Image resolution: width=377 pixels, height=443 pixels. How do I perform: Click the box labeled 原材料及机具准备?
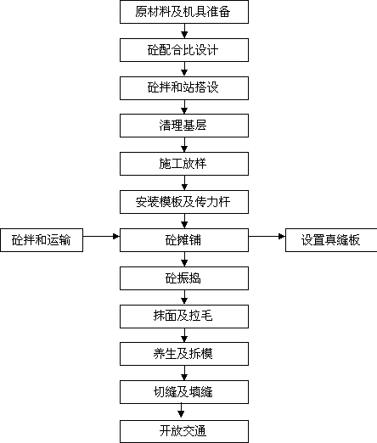coord(184,12)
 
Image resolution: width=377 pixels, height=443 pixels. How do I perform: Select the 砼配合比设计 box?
coord(184,50)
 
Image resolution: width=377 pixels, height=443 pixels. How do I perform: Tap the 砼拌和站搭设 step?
coord(184,88)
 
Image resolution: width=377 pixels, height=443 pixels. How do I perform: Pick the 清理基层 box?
coord(184,126)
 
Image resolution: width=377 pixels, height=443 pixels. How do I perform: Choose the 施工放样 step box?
coord(184,164)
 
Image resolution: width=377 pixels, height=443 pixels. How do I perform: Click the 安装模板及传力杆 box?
coord(184,202)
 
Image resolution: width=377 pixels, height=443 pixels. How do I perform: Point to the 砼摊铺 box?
coord(184,240)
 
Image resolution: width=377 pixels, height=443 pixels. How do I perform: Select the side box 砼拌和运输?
coord(42,240)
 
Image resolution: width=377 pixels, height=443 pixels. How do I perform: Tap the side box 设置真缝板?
coord(331,240)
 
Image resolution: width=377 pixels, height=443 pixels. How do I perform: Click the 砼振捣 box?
coord(184,278)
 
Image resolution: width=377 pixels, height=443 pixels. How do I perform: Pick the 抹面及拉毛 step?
coord(184,317)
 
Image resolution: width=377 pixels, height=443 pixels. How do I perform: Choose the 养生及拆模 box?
coord(184,354)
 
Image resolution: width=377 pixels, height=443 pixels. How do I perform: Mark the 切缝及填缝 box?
coord(184,392)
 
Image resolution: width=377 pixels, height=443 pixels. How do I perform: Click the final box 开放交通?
coord(184,432)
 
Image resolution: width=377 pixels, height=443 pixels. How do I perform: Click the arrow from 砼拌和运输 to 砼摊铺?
coord(101,236)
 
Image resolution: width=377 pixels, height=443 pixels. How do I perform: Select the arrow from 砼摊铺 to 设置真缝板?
coord(267,236)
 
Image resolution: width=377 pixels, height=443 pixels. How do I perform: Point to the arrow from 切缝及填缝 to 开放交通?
coord(181,411)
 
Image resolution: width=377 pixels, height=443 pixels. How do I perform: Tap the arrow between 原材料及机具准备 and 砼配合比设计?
coord(184,31)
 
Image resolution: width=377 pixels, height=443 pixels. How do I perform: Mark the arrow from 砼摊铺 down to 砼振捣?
coord(184,259)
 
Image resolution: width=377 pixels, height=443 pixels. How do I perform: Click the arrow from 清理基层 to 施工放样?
coord(184,145)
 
